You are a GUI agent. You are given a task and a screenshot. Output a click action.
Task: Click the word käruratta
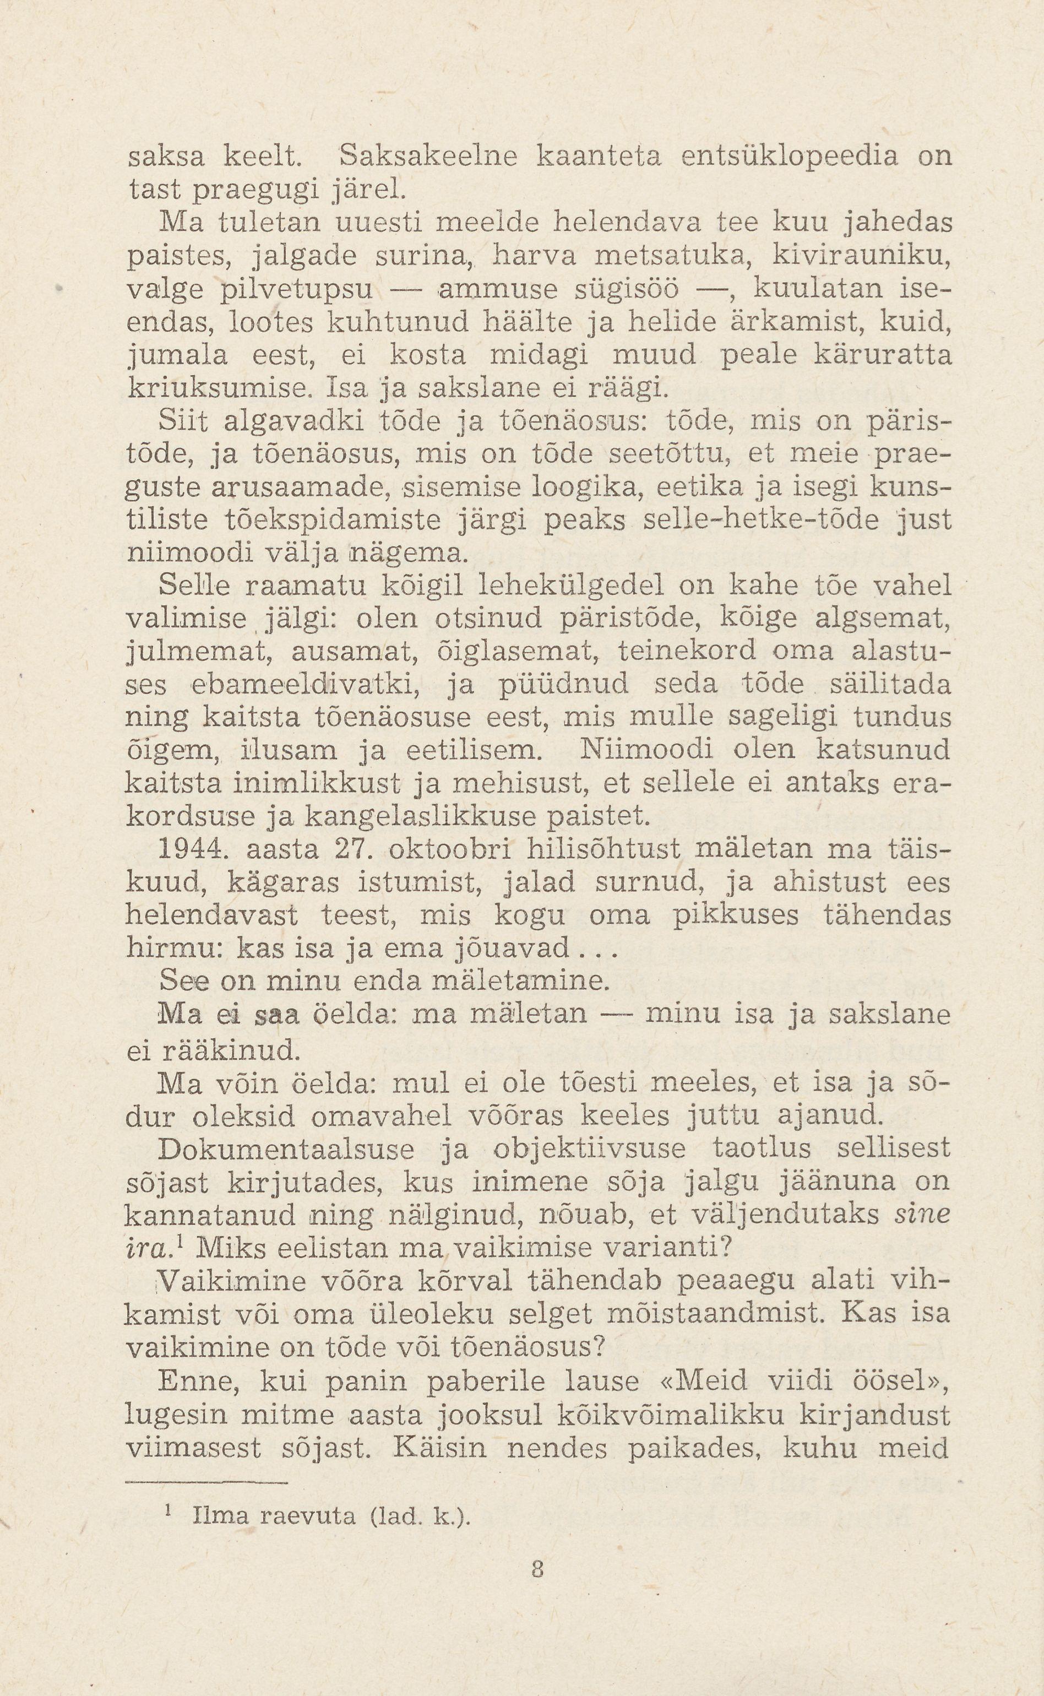(883, 356)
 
